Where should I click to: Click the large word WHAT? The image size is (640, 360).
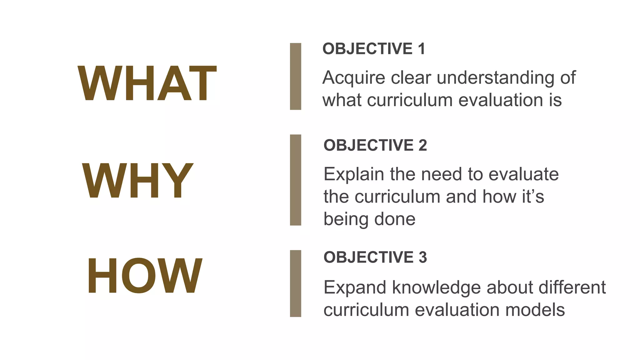(147, 83)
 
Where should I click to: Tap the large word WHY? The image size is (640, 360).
(137, 181)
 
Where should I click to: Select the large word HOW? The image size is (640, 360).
(144, 276)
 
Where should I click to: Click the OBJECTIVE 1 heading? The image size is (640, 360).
(374, 49)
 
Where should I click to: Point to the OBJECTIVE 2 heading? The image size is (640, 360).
(375, 145)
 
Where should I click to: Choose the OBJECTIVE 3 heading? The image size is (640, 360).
(375, 257)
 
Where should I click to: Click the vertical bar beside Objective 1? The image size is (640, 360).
(295, 77)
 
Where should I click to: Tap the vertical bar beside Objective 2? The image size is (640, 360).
(295, 180)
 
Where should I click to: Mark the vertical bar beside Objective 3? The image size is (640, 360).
(295, 283)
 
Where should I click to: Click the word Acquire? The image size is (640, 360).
(354, 78)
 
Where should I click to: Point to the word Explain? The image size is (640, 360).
(353, 174)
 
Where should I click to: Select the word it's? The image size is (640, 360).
(533, 197)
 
